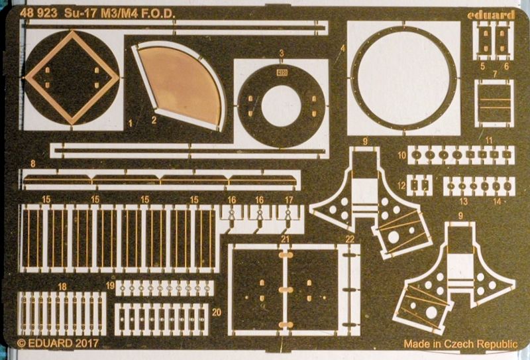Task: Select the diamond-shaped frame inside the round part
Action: tap(72, 77)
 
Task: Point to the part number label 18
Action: tap(62, 286)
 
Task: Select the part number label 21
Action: tap(286, 239)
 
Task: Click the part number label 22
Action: tap(350, 239)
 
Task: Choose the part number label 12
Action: tap(401, 186)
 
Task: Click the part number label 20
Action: tap(216, 312)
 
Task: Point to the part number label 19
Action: tap(110, 286)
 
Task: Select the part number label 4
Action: tap(343, 48)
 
